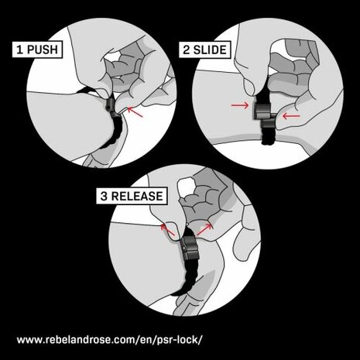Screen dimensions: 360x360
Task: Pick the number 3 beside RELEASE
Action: (x=103, y=196)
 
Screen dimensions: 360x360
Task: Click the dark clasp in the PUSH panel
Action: (x=114, y=106)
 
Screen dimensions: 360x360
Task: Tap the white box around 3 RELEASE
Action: (x=129, y=196)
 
